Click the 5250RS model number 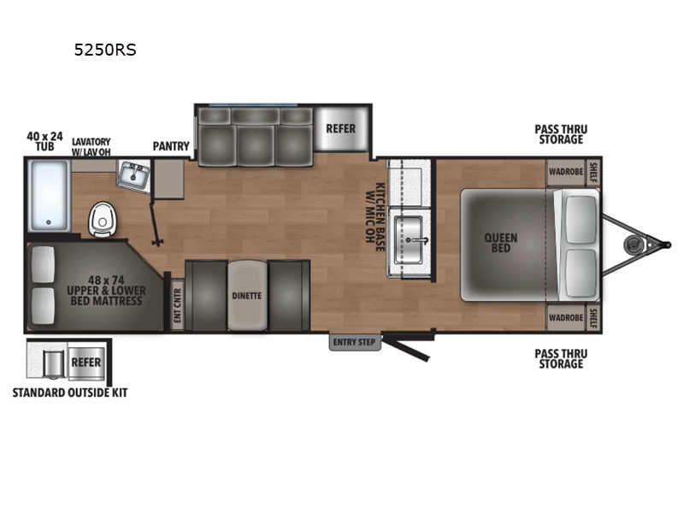coord(105,50)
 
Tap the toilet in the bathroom coord(103,219)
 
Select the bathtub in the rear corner coord(49,196)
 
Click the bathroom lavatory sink coord(134,175)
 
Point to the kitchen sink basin coord(409,240)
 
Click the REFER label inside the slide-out coord(340,129)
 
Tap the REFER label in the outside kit coord(86,362)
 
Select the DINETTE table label coord(247,296)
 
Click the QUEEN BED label coord(501,243)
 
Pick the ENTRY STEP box coord(355,342)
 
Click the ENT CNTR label coord(177,305)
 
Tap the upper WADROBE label coord(566,172)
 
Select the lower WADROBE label coord(566,317)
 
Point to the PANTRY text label coord(171,146)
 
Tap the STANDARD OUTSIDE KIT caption coord(70,392)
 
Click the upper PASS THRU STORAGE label coord(561,134)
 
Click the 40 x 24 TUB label coord(45,141)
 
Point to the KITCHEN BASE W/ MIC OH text coord(375,217)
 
